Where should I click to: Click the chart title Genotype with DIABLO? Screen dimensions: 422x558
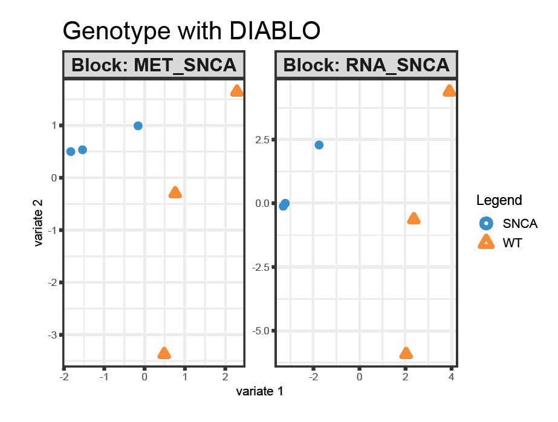tap(191, 31)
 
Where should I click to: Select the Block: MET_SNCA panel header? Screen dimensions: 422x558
tap(154, 65)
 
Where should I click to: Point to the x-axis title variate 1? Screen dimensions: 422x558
tap(259, 392)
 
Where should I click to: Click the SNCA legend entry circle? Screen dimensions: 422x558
tap(485, 223)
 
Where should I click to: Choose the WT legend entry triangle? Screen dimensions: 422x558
tap(485, 243)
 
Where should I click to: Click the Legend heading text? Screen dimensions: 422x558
tap(499, 200)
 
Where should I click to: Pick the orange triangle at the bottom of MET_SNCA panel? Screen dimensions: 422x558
tap(164, 354)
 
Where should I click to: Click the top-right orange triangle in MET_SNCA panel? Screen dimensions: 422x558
tap(236, 91)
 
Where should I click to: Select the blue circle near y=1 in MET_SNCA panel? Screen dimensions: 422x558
tap(138, 126)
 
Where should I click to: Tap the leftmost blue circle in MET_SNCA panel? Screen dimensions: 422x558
tap(71, 151)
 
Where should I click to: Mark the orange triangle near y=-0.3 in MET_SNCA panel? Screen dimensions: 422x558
tap(175, 193)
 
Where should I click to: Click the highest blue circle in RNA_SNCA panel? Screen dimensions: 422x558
tap(319, 145)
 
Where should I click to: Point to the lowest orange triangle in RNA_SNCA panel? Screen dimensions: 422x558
tap(406, 354)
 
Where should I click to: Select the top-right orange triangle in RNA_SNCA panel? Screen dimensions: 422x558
tap(449, 91)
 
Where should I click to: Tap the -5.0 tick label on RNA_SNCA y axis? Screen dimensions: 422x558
tap(259, 331)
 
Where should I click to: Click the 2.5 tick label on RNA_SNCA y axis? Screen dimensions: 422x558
tap(262, 140)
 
